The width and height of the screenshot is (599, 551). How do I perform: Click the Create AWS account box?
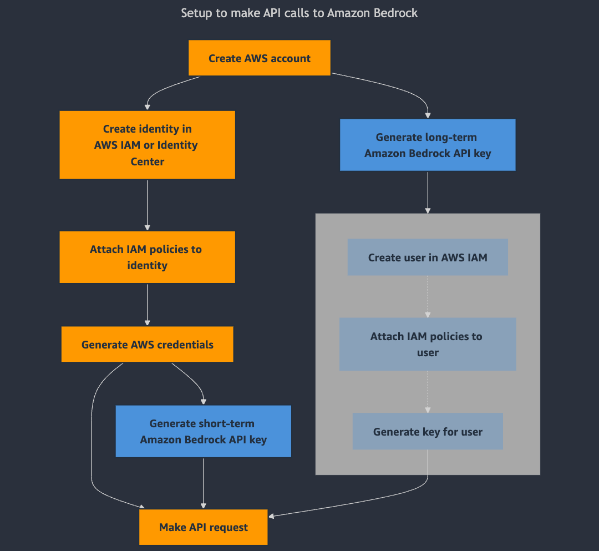(259, 58)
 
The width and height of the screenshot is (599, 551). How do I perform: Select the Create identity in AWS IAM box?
(147, 145)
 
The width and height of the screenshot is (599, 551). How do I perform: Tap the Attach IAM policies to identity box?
(147, 257)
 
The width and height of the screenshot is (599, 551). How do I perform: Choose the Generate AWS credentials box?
(147, 344)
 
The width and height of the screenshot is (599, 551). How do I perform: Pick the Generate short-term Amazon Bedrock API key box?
(203, 431)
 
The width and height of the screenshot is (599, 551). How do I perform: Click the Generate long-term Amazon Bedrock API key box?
(427, 145)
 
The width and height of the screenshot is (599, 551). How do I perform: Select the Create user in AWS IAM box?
(427, 257)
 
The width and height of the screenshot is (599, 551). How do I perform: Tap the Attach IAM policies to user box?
(427, 344)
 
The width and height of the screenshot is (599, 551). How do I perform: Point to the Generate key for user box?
(427, 431)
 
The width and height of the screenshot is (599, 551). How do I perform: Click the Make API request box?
(203, 527)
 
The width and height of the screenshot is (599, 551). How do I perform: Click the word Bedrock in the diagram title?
(394, 13)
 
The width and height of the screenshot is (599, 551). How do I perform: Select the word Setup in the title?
(196, 13)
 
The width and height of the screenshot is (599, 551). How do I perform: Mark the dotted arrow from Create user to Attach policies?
(428, 296)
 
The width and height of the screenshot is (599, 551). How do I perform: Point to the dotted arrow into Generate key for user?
(428, 391)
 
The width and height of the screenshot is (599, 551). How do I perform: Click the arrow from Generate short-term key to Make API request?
(204, 483)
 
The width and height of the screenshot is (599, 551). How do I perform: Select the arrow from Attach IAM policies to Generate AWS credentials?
(148, 304)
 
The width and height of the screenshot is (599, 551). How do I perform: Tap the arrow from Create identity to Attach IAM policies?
(148, 204)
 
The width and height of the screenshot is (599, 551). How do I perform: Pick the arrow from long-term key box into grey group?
(428, 191)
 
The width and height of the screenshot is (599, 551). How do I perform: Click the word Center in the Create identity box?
(148, 161)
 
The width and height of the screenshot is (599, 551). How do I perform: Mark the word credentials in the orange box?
(185, 345)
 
